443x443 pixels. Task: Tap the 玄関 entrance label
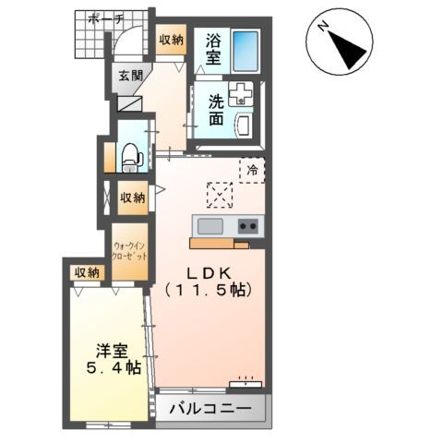point(130,77)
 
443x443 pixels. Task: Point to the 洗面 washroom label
point(214,109)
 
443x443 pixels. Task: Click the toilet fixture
point(131,156)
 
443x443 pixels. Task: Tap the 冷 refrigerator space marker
point(251,169)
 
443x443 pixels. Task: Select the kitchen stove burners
point(247,226)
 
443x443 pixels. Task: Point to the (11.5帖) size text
point(210,290)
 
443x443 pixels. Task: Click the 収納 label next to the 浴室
point(171,41)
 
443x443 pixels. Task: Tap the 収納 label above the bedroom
point(87,272)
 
